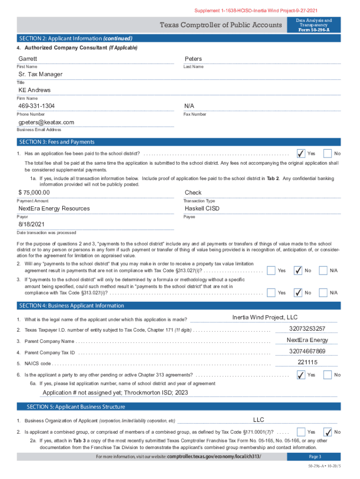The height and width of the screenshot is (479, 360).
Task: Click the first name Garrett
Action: click(x=28, y=59)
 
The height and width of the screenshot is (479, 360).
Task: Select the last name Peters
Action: click(x=193, y=59)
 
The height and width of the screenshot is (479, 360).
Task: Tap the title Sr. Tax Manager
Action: click(x=40, y=74)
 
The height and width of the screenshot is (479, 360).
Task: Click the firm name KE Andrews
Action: click(x=34, y=90)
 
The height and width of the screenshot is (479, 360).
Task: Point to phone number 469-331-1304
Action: click(x=36, y=106)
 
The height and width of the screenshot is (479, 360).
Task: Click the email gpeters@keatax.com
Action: click(x=46, y=122)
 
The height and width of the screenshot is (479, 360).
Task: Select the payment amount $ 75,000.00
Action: click(x=34, y=193)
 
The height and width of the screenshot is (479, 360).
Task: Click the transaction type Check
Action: click(x=193, y=193)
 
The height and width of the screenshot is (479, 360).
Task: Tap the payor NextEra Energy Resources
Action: click(x=54, y=209)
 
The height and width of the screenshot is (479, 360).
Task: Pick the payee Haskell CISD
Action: click(x=202, y=209)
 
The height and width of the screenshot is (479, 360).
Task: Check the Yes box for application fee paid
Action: click(x=301, y=153)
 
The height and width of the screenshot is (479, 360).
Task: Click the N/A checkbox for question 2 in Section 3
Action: click(x=323, y=270)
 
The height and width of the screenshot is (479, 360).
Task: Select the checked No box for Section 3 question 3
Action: click(x=298, y=292)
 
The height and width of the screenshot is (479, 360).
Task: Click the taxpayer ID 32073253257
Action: click(x=307, y=329)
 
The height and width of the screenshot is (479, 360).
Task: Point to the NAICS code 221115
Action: click(x=307, y=363)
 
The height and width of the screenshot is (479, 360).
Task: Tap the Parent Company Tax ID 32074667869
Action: click(x=307, y=351)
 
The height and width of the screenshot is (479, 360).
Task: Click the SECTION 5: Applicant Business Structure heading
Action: click(x=76, y=406)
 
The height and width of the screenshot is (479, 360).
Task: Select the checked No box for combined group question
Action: click(x=328, y=432)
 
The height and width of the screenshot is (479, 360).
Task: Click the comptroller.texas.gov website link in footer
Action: click(x=214, y=457)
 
